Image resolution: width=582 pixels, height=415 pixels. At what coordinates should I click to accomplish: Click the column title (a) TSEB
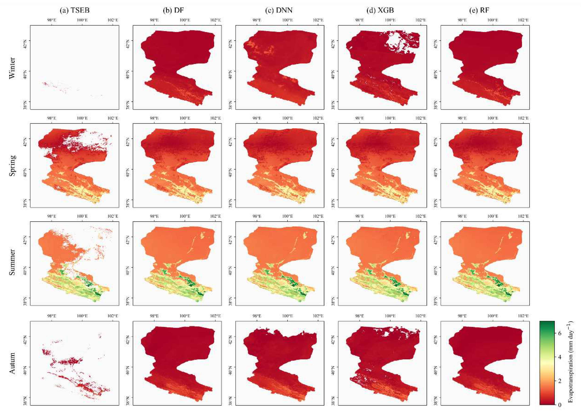click(x=75, y=10)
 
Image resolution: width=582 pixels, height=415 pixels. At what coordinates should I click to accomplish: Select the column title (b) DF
click(x=173, y=10)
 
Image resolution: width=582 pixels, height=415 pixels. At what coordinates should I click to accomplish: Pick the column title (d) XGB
click(x=380, y=10)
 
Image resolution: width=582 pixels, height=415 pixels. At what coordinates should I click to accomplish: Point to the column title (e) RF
click(x=479, y=10)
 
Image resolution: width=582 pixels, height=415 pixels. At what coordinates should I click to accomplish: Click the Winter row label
click(x=12, y=68)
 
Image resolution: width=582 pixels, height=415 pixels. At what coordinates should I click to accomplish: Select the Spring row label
click(x=12, y=165)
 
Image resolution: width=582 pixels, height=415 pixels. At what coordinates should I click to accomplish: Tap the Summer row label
click(x=12, y=262)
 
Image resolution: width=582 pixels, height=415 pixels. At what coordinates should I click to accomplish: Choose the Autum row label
click(x=12, y=363)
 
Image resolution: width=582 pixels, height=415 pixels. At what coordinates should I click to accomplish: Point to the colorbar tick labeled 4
click(x=560, y=357)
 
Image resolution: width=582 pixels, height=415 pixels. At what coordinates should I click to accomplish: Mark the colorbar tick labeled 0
click(x=560, y=404)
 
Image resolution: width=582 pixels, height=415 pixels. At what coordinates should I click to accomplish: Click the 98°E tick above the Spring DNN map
click(x=257, y=118)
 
